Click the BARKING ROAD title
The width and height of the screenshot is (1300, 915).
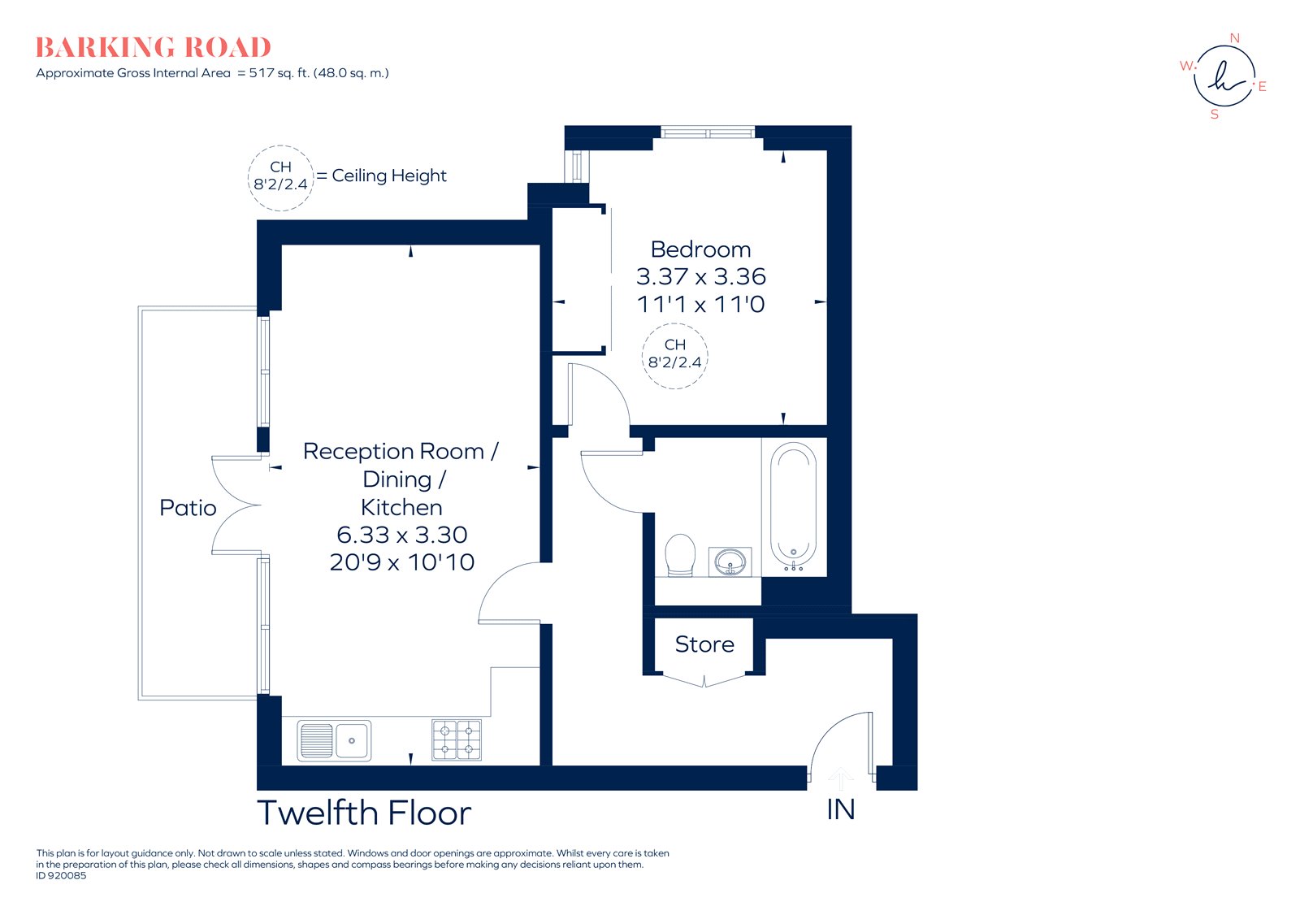tap(153, 48)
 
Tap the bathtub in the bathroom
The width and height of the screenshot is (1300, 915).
tap(793, 504)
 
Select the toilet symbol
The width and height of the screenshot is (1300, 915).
tap(680, 554)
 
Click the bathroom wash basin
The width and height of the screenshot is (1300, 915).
tap(730, 562)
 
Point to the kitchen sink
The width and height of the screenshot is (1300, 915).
tap(334, 740)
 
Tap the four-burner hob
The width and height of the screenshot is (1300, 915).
tap(456, 739)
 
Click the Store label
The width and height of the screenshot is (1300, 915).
tap(704, 644)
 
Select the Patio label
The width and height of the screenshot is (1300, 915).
tap(188, 508)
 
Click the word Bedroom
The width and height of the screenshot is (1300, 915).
tap(700, 249)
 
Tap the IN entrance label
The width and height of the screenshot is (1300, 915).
tap(840, 809)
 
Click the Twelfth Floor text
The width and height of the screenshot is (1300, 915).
tap(364, 813)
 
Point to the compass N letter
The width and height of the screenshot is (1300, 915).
tap(1234, 38)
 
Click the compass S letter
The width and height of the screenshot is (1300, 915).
tap(1215, 115)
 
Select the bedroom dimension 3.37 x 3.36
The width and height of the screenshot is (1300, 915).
tap(700, 276)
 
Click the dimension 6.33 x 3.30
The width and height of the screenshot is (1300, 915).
tap(401, 535)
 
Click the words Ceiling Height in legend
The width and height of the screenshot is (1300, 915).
tap(389, 176)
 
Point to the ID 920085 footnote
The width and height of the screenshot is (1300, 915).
tap(61, 875)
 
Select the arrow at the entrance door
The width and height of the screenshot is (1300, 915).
tap(840, 778)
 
